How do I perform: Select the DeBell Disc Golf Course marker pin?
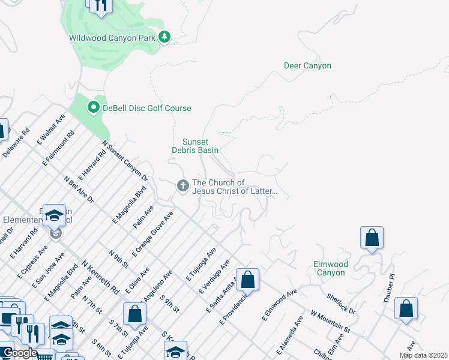pos(93,108)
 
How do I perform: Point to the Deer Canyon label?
pos(307,65)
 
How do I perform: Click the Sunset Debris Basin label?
pos(195,146)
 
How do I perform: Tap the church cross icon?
pos(182,187)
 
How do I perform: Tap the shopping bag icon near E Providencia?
pos(247,279)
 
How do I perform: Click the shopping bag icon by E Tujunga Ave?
pos(135,313)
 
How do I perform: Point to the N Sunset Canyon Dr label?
pos(125,161)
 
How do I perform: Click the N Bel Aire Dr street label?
pos(79,189)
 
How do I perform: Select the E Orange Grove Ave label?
pos(153,234)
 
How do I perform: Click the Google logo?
pos(20,353)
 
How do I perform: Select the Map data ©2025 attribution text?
pos(423,355)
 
